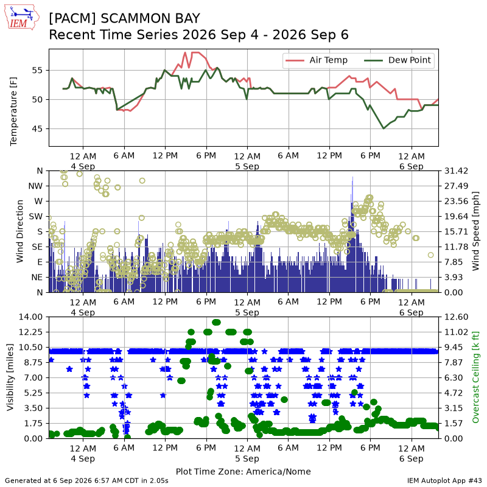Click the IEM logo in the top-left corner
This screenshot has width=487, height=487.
point(22,18)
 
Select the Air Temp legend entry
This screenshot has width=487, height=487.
point(316,60)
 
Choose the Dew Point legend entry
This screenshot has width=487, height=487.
point(398,60)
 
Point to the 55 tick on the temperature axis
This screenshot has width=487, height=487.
point(37,71)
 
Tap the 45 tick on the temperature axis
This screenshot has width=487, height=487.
point(37,129)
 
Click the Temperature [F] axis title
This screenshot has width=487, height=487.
point(13,111)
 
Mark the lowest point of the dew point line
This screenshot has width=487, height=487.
point(384,128)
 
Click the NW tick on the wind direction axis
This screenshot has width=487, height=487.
point(35,186)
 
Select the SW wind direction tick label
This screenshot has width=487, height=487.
point(36,217)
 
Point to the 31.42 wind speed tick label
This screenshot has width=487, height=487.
point(456,171)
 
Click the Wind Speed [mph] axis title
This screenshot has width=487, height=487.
point(475,231)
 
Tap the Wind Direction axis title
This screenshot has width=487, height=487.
point(19,231)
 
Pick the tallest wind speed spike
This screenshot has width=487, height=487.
point(352,178)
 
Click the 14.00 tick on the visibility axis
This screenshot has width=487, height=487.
point(31,317)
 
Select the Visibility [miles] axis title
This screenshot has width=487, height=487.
point(10,377)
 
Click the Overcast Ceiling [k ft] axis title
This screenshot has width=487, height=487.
point(475,377)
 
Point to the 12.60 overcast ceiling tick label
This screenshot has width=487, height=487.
point(456,317)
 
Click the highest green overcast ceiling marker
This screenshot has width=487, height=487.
point(217,323)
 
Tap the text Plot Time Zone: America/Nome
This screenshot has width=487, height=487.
point(243,471)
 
